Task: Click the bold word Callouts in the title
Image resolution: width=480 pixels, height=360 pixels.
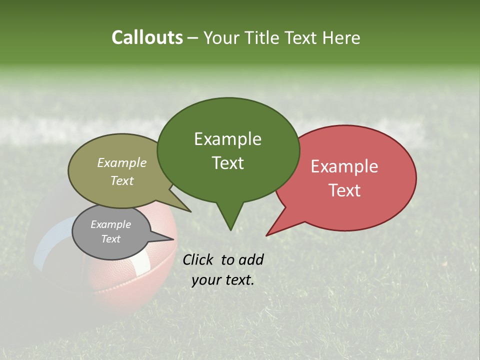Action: [147, 38]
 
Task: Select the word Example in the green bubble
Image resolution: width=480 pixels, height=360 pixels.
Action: [227, 139]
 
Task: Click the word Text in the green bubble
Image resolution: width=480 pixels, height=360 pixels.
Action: [227, 163]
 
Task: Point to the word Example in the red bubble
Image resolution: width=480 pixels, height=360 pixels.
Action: [344, 166]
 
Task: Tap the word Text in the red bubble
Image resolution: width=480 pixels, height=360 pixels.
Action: [344, 190]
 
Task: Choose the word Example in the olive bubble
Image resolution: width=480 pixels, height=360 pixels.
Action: [122, 162]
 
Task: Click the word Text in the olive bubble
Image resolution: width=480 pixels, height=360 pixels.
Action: [122, 180]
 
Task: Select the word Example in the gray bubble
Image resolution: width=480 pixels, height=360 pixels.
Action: [110, 224]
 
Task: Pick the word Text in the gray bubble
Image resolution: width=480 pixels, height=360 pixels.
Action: [110, 239]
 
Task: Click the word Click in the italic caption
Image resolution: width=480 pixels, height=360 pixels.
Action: [199, 259]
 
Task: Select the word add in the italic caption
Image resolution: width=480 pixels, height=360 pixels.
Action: [251, 259]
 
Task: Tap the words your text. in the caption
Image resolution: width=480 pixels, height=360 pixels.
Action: [223, 280]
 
